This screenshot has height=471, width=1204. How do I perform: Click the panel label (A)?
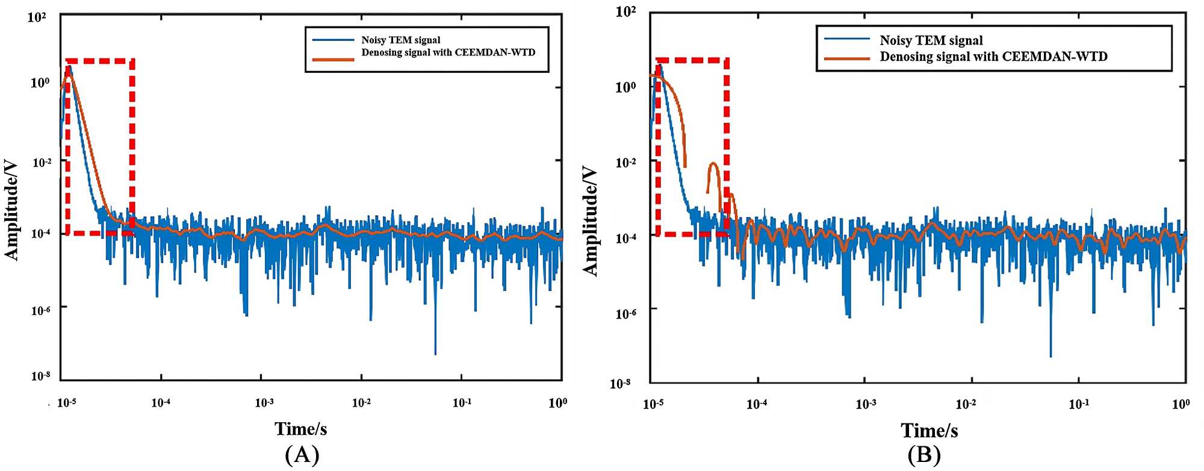pos(302,455)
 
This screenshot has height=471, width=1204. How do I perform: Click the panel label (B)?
pos(923,455)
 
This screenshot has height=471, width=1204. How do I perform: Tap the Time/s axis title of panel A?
pos(300,429)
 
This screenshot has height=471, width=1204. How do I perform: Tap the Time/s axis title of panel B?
pos(929,430)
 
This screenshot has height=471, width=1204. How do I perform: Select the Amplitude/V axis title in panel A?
pos(12,210)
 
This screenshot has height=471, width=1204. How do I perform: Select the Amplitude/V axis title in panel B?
pos(591,221)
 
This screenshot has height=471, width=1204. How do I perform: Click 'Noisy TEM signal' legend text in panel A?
pos(400,40)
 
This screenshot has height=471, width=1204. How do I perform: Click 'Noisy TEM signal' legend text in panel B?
pos(931,40)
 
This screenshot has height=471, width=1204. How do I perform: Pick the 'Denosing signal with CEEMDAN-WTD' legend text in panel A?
pos(448,52)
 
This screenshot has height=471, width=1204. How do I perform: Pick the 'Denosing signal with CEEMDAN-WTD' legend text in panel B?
pos(993,57)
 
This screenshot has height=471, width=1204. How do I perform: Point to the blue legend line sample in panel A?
pos(333,40)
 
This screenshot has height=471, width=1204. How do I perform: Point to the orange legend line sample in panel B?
pos(847,58)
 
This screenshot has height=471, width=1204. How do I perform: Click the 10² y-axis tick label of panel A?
pos(37,17)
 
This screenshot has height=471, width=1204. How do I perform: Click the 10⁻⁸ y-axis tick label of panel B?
pos(620,383)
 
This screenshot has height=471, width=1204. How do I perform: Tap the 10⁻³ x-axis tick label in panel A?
pos(264,402)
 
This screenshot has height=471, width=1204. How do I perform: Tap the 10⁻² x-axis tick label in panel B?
pos(966,404)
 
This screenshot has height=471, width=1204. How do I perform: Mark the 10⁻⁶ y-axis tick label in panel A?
pos(40,310)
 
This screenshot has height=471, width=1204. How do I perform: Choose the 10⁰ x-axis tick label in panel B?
pos(1181,404)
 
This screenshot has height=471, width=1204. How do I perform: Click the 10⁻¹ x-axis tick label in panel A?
pos(462,402)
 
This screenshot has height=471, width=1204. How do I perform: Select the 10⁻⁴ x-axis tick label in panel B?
pos(757,404)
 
